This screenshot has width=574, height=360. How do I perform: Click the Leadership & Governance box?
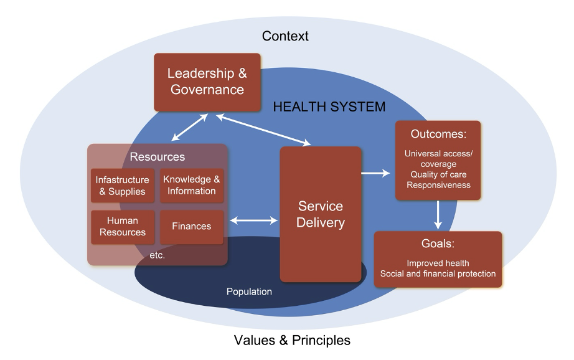207,82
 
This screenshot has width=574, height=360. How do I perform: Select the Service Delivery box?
321,214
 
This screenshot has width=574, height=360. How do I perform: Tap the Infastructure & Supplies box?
122,186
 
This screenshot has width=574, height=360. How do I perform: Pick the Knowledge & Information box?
191,185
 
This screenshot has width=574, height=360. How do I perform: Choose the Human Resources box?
122,227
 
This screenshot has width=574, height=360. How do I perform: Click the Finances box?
191,227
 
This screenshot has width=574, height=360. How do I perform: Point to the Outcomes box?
438,160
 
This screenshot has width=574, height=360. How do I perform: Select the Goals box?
438,259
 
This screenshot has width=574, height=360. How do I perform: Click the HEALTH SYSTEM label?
329,107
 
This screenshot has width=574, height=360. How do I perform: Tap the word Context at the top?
285,36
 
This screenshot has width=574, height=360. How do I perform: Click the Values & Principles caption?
292,340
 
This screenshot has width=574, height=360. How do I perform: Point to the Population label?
249,291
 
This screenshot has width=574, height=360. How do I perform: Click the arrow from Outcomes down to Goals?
438,214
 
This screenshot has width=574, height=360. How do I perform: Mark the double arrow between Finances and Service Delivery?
254,220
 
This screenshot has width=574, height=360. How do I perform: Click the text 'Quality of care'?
437,175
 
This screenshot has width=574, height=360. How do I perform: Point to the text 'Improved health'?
438,263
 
